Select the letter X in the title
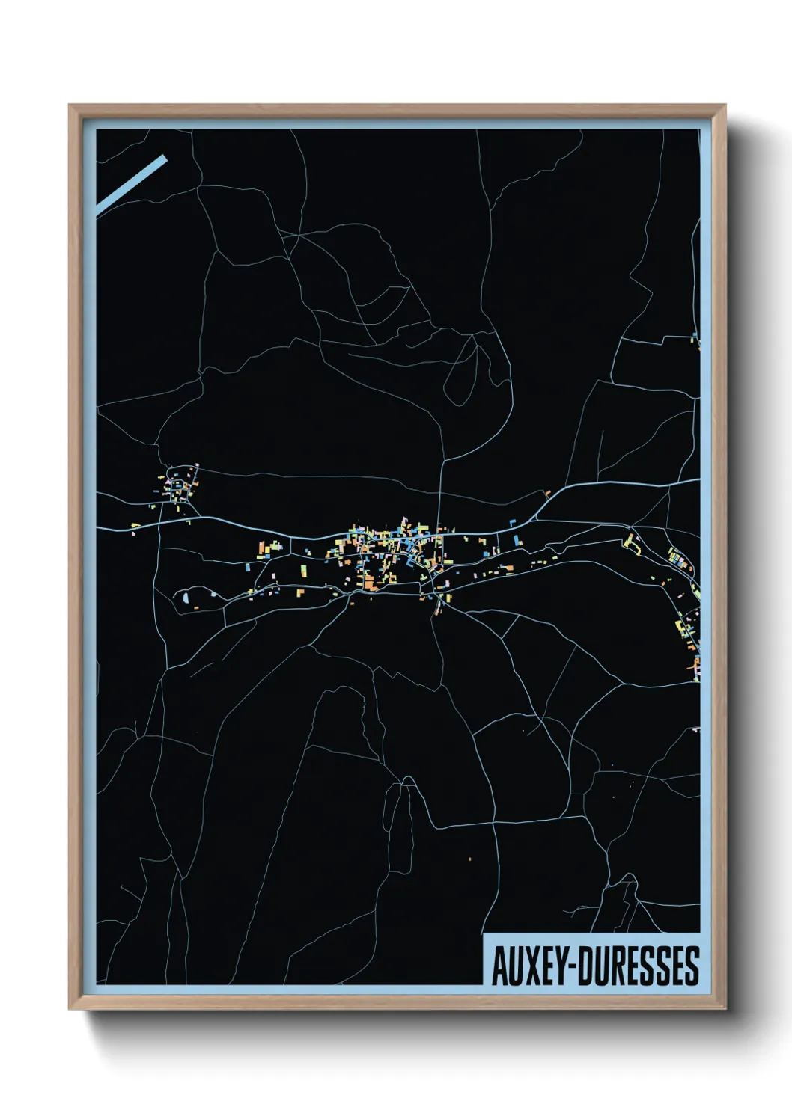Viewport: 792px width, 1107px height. point(534,966)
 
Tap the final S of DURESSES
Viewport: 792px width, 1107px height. point(691,966)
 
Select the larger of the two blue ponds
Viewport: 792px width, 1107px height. point(184,597)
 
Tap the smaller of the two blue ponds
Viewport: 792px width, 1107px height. point(213,595)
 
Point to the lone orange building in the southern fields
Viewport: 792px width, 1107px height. point(470,858)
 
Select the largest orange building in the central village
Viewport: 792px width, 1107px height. point(369,583)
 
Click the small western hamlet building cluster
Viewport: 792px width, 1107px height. point(180,488)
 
